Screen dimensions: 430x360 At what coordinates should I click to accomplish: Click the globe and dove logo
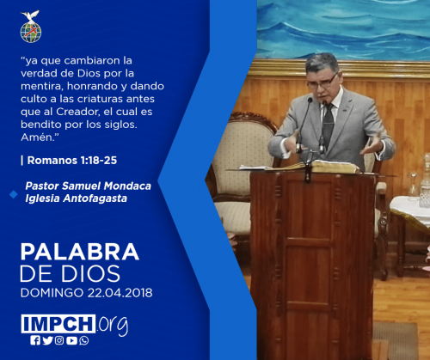[31, 27]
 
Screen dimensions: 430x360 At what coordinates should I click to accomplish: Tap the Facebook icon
[35, 340]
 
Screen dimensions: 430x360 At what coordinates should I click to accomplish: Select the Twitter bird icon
[47, 340]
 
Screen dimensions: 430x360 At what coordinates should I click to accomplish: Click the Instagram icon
[59, 340]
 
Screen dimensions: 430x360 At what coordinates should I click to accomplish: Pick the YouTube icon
[71, 340]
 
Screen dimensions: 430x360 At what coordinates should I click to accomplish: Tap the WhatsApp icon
[84, 340]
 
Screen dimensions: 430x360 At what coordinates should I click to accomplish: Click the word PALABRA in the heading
[80, 252]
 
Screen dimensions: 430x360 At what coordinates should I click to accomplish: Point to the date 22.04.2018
[120, 293]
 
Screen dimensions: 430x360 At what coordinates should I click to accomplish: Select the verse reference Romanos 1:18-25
[72, 161]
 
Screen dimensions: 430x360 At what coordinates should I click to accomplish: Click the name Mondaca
[127, 186]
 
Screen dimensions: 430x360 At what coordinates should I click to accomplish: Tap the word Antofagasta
[95, 198]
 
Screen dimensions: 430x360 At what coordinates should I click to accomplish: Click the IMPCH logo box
[58, 324]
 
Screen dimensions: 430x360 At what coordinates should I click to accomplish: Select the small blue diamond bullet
[14, 194]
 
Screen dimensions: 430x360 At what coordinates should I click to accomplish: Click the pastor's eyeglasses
[322, 82]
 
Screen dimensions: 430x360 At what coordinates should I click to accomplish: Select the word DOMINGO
[52, 293]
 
